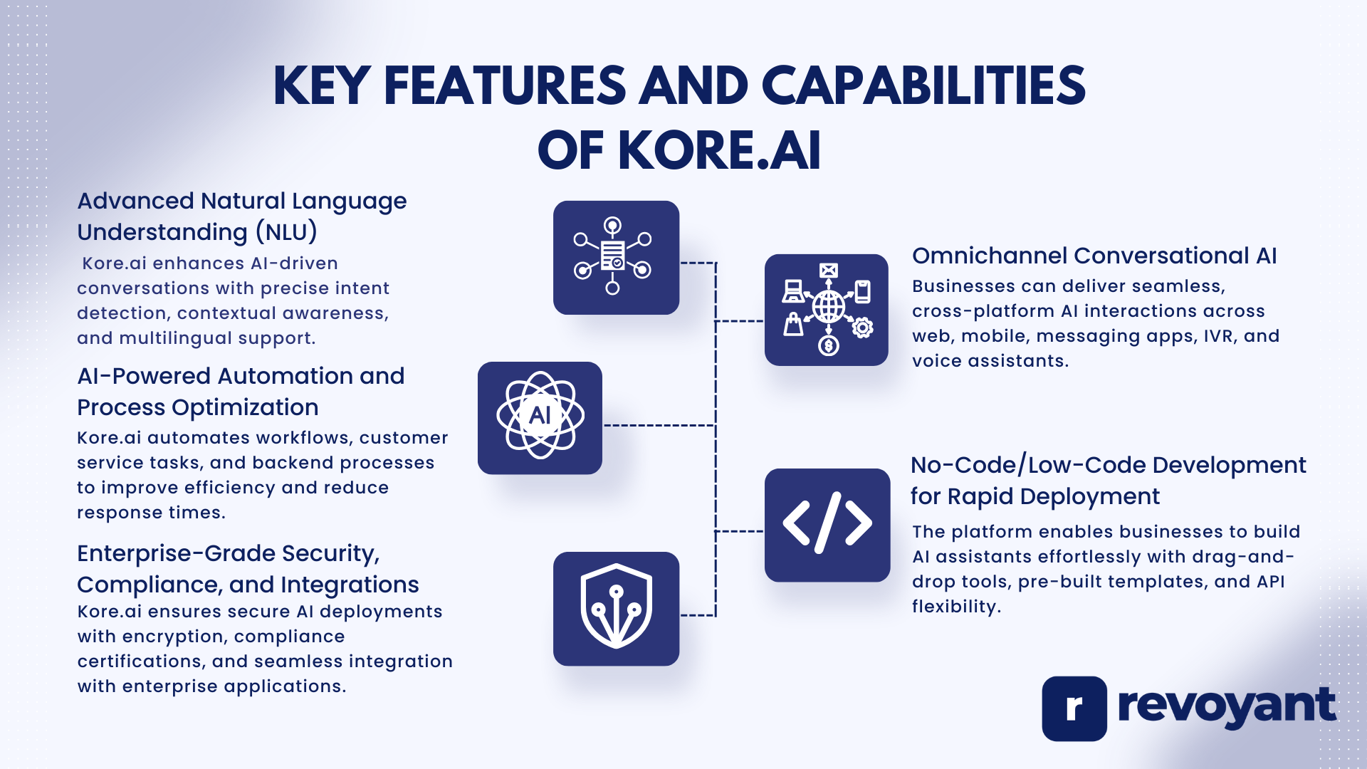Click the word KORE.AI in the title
tap(719, 151)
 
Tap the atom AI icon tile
tap(540, 418)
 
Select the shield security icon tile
tap(616, 609)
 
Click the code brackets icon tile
tap(827, 525)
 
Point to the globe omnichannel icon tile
tap(826, 310)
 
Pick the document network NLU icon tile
tap(616, 257)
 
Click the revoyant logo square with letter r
tap(1074, 708)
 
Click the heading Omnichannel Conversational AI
tap(1094, 256)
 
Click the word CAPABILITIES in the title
tap(923, 86)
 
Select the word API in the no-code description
tap(1270, 582)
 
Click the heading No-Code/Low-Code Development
tap(1108, 465)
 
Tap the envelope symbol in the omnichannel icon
tap(828, 270)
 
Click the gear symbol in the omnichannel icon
tap(862, 328)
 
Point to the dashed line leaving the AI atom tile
tap(659, 425)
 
